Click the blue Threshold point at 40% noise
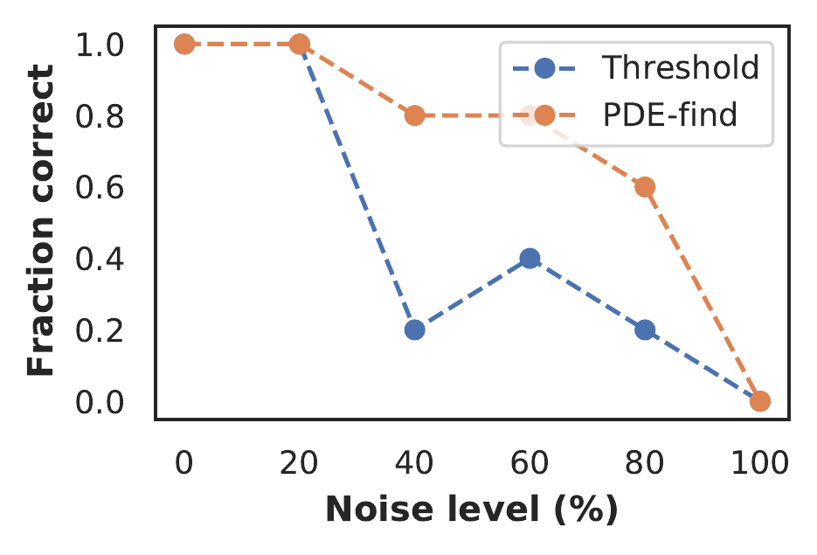tap(414, 330)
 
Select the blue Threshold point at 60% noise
tap(530, 258)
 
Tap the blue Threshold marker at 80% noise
tap(645, 330)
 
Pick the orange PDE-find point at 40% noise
tap(414, 115)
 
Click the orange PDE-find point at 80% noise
tap(645, 187)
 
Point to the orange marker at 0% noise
tap(183, 44)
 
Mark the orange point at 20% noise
tap(299, 44)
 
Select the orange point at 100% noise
tap(760, 401)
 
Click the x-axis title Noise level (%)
tap(472, 510)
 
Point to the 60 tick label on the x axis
tap(530, 461)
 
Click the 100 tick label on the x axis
tap(760, 461)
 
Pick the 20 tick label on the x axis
tap(299, 461)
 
